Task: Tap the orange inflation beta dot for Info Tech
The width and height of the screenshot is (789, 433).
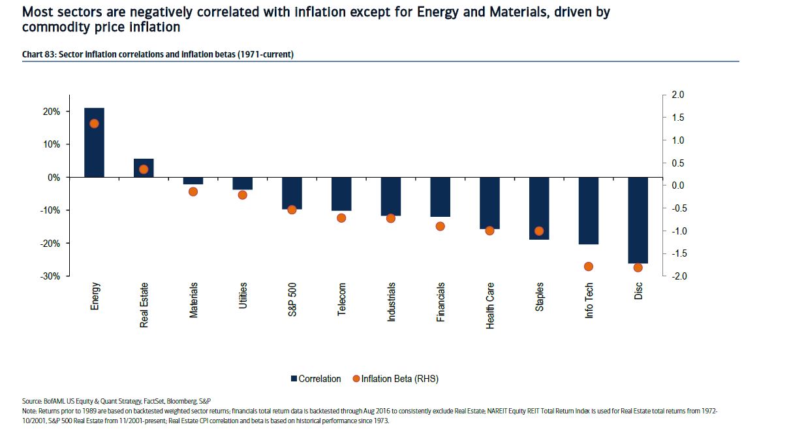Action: click(x=588, y=266)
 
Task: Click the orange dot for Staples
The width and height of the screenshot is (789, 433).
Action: click(x=539, y=231)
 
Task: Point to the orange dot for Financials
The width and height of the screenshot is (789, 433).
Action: click(x=440, y=226)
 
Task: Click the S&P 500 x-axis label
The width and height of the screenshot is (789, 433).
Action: click(x=292, y=300)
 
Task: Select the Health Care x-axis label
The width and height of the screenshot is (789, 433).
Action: click(x=490, y=306)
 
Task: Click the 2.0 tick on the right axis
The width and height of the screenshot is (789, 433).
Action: click(x=677, y=95)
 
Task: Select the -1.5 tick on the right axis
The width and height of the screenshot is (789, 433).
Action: click(x=676, y=254)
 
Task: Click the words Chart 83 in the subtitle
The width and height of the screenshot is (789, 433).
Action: click(x=38, y=54)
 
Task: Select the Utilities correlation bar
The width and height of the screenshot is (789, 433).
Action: click(x=243, y=184)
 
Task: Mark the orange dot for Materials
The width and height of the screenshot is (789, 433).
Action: click(x=193, y=191)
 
